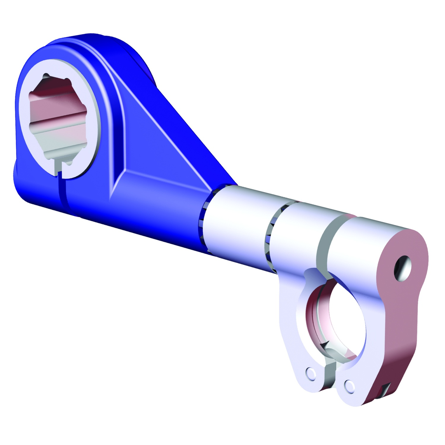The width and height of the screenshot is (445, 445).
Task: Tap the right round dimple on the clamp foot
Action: coord(349,386)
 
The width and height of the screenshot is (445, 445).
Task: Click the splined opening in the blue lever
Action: coord(58,117)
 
